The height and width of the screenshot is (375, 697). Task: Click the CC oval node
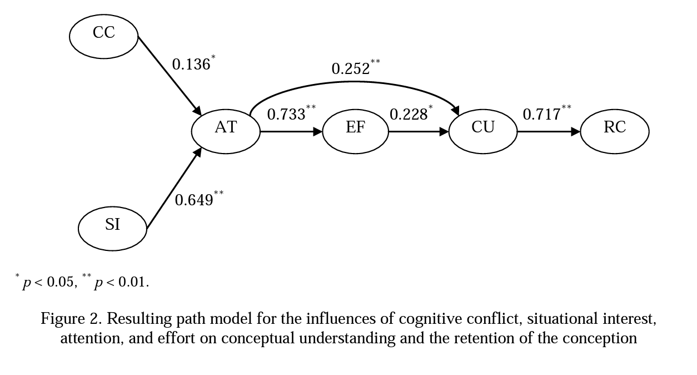pos(103,36)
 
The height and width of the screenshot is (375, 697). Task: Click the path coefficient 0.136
pos(191,65)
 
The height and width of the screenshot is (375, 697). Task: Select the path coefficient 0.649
pos(194,200)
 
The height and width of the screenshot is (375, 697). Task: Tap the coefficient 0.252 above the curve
pos(351,68)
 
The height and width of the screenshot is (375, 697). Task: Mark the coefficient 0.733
pos(286,114)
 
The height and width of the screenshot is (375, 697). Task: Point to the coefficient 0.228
pos(409,114)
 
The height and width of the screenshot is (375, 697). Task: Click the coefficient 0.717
pos(542,114)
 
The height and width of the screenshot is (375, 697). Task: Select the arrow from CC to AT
pos(169,75)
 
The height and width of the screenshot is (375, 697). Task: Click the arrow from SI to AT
pos(173,189)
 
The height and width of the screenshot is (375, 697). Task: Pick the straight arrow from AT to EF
pos(291,132)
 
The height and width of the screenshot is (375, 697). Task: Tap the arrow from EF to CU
pos(418,132)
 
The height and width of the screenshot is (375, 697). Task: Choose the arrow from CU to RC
pos(549,132)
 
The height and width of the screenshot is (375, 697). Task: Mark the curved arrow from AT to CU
pos(356,83)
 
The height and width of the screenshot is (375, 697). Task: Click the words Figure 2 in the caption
pos(71,319)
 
